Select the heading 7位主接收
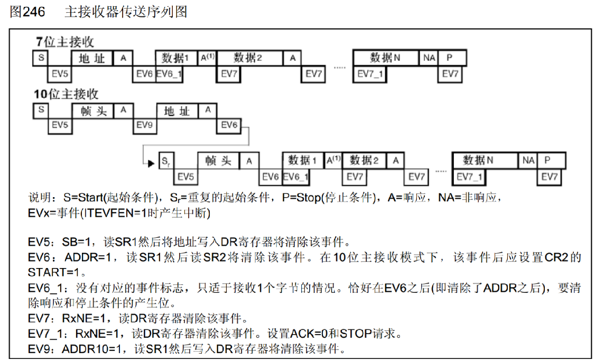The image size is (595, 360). (65, 42)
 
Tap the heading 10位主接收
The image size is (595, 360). (66, 95)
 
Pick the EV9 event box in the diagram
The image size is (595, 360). (144, 125)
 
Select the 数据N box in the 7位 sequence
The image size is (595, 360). (385, 58)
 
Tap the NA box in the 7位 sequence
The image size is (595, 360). (429, 58)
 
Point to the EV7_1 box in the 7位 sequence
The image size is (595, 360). (370, 74)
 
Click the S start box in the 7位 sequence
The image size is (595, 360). (41, 58)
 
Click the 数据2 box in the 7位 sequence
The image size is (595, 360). (248, 58)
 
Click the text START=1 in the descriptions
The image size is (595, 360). (56, 272)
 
